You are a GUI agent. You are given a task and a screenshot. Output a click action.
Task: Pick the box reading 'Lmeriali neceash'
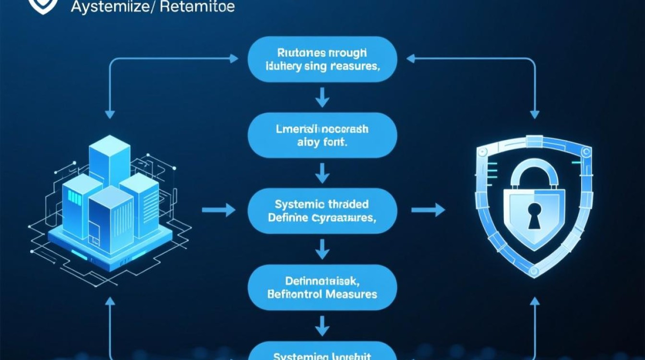coord(322,135)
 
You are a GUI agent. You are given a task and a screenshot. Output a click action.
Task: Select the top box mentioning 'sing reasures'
coord(322,59)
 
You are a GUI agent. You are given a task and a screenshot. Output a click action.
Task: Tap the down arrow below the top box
coord(322,98)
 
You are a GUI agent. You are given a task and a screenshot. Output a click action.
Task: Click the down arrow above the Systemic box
coord(322,174)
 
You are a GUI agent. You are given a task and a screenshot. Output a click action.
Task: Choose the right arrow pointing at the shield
coord(428,210)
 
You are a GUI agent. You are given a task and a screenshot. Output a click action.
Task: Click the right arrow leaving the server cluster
coord(219,210)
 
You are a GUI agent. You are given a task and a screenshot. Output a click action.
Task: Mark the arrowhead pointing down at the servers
coord(110,114)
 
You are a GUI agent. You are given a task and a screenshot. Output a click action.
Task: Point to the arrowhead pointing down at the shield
coord(535,114)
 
